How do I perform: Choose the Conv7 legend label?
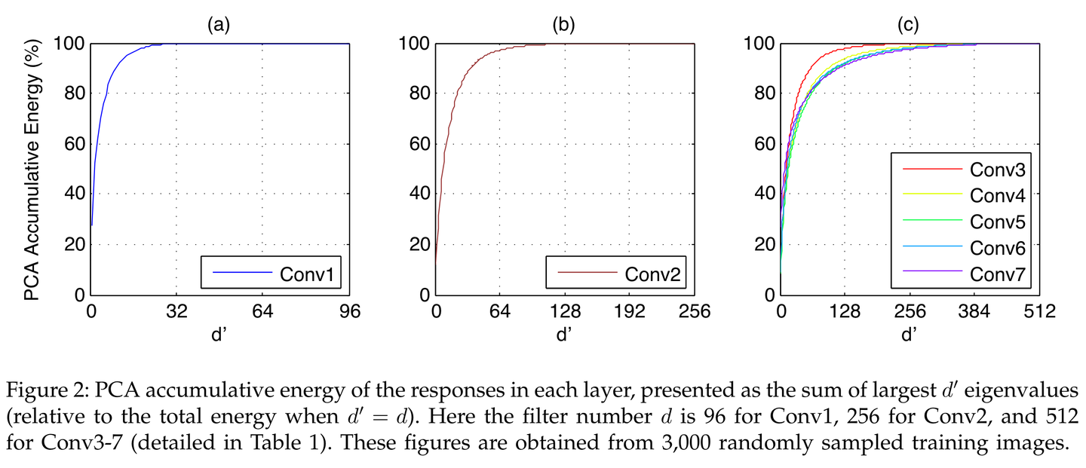coord(996,274)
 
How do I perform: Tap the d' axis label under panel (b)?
coord(563,334)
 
